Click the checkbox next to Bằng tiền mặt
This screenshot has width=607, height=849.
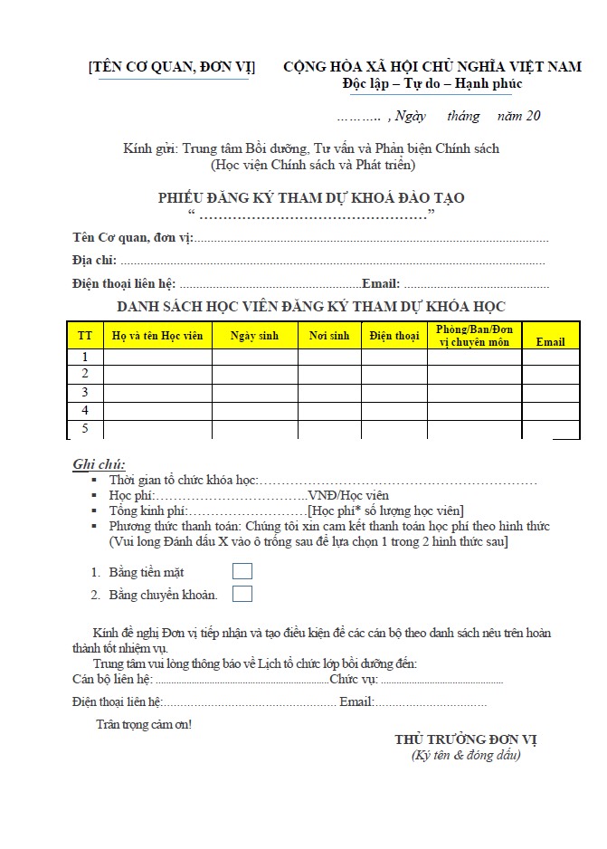point(242,571)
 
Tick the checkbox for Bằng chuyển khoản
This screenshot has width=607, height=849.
point(242,594)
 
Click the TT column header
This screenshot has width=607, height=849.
point(85,336)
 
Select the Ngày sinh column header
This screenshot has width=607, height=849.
point(254,336)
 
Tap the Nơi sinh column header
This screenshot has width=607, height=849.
point(328,336)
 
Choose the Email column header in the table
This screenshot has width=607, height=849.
point(550,341)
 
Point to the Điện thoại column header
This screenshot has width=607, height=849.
point(394,336)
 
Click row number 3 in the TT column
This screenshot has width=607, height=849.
point(85,392)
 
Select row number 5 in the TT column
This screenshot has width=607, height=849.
point(85,428)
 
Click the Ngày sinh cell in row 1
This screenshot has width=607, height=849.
point(254,357)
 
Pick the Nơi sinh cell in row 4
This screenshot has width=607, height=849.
point(328,410)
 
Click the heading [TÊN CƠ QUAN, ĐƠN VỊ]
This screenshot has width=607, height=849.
point(172,67)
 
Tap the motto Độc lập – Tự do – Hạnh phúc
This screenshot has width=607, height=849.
point(432,84)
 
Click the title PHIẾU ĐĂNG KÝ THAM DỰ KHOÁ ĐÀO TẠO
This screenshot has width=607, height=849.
point(311,197)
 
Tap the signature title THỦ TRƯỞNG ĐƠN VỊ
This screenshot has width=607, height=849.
point(466,739)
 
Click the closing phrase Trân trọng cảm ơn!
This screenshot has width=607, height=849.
point(144,724)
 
